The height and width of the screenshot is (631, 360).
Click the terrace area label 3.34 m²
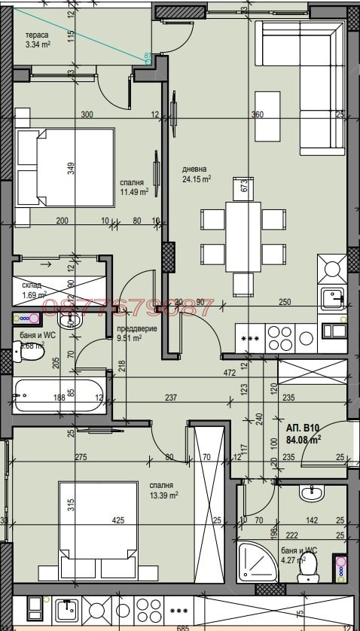pos(37,44)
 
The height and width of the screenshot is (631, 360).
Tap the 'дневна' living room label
pos(194,169)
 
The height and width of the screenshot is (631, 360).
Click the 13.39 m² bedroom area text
pos(163,495)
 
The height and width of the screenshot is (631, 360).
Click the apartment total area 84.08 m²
pos(304,438)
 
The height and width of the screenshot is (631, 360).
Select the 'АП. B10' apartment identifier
pos(303,427)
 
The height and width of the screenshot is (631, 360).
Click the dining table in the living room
pos(243,236)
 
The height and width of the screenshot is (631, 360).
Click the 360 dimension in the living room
pos(258,115)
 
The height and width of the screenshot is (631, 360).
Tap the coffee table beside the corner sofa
pos(265,115)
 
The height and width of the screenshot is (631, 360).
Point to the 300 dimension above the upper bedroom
pos(87,115)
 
